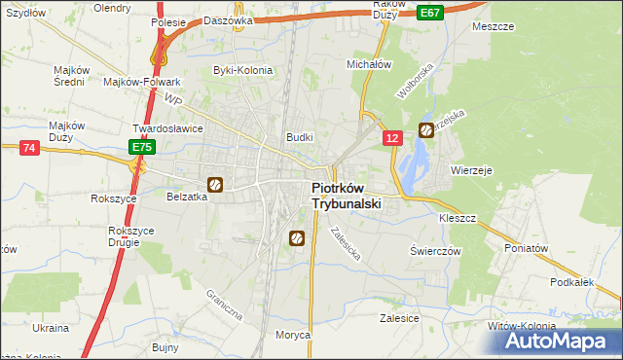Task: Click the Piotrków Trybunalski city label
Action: coord(346,197)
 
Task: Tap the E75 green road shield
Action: coord(142,147)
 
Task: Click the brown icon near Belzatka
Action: coord(215,184)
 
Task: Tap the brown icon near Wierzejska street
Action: coord(426,129)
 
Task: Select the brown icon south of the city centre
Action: coord(297,237)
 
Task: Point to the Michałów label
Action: coord(369,63)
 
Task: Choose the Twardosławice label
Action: coord(166,128)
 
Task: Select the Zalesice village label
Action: coord(399,318)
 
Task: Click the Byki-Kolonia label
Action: coord(243,70)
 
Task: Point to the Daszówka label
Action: coord(231,19)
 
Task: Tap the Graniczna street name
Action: coord(223,305)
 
